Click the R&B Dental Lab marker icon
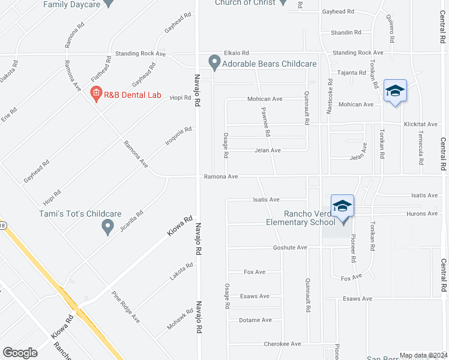(x=95, y=93)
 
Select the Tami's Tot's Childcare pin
(x=108, y=226)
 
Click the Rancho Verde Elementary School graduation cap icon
(x=342, y=206)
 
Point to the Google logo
(x=20, y=353)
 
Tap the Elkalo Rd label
(x=236, y=53)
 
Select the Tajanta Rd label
(x=351, y=73)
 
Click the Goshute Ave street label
(x=290, y=247)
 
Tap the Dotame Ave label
(x=255, y=320)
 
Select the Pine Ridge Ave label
(x=126, y=307)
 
